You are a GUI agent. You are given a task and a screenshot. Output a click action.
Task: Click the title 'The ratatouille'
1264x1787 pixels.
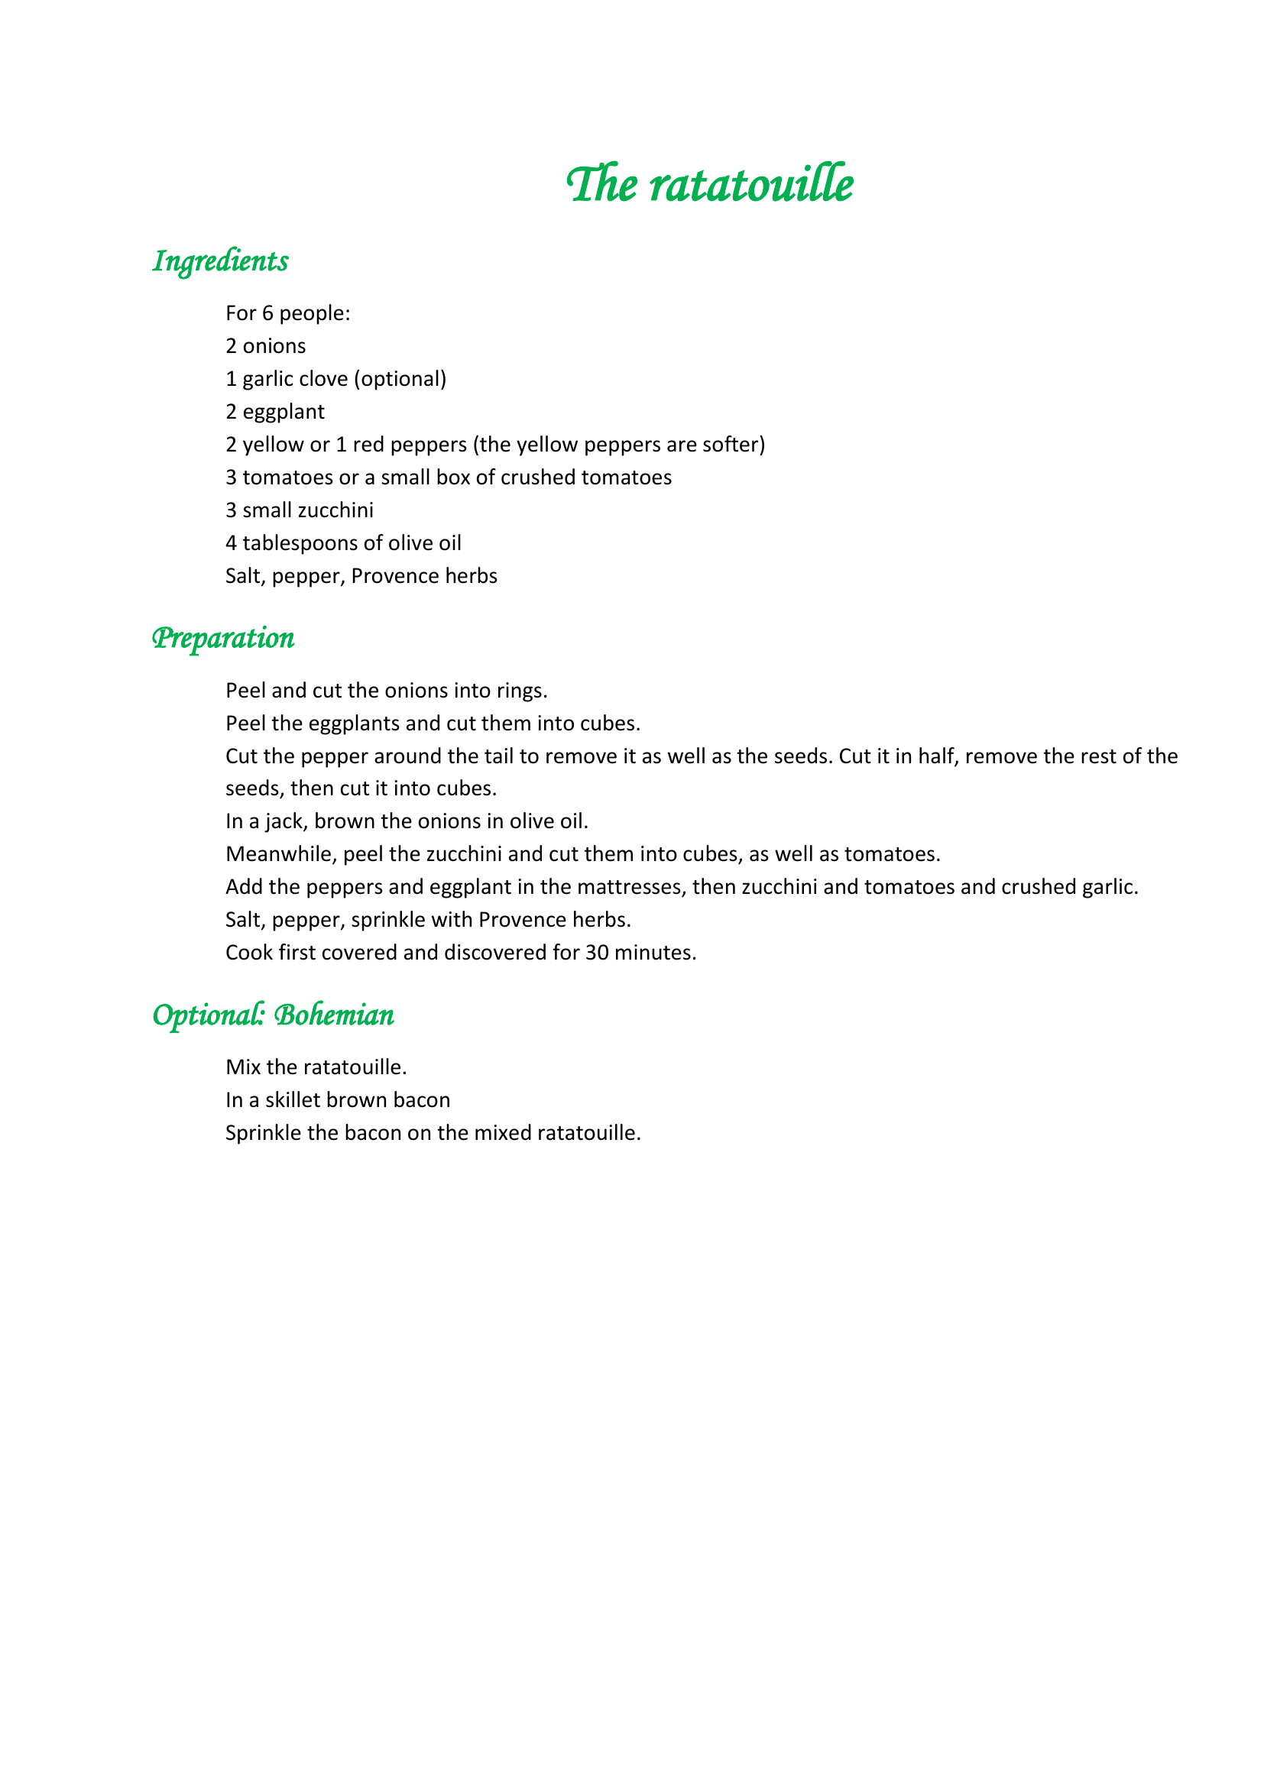[709, 184]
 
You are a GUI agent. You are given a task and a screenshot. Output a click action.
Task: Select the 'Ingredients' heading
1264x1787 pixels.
[220, 261]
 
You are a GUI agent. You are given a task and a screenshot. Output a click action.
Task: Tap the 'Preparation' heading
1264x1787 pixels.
[222, 638]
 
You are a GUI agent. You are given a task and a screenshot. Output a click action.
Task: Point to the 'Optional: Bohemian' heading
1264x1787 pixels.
[273, 1015]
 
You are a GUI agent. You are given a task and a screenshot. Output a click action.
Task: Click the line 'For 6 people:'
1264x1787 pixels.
[288, 313]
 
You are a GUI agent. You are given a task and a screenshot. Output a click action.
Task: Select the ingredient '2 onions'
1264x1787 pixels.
[265, 345]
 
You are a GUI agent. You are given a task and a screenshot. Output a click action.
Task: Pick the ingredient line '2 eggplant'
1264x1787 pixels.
[275, 412]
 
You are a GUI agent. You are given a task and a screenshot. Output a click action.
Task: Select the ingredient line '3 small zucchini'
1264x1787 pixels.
[300, 510]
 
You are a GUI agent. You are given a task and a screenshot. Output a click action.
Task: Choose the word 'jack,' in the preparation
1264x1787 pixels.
[287, 821]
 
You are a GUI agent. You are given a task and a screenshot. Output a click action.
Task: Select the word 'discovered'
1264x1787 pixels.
[496, 953]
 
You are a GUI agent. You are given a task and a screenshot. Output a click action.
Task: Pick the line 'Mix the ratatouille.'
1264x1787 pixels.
[316, 1067]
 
